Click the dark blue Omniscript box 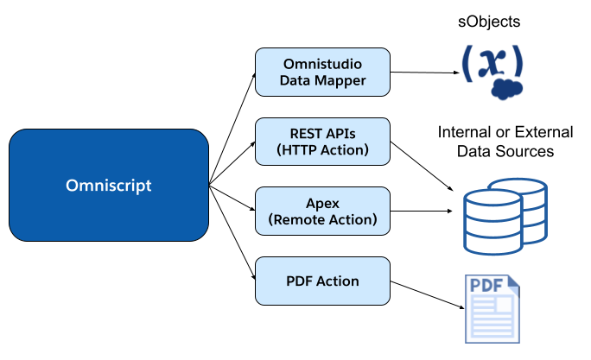point(108,185)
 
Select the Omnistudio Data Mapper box point(322,72)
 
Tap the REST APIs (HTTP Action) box point(322,142)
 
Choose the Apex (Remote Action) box point(322,211)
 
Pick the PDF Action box point(322,281)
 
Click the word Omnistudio point(322,64)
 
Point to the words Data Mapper point(322,81)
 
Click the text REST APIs point(322,133)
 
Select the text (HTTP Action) point(322,150)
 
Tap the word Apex point(322,203)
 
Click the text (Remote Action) point(322,220)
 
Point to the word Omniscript point(108,186)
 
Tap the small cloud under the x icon point(506,90)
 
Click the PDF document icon point(492,308)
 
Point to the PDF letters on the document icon point(486,286)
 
